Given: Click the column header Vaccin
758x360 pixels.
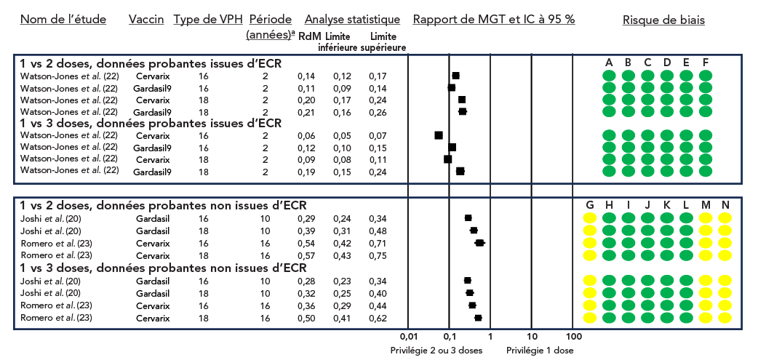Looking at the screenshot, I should [x=145, y=20].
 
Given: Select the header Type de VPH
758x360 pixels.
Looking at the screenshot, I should [x=207, y=20].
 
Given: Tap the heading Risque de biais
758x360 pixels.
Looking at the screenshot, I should [x=663, y=20].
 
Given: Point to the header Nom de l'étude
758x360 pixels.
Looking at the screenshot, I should [x=63, y=20].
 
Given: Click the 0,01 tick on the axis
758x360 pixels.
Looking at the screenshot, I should [x=408, y=337].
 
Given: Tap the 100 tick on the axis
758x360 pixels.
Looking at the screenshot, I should [x=574, y=337].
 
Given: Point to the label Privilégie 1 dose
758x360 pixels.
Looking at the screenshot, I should [x=540, y=350].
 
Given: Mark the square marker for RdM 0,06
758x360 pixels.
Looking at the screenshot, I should [x=439, y=135].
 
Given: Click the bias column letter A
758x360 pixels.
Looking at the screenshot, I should [x=609, y=63].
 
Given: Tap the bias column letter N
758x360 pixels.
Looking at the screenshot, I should [x=725, y=206].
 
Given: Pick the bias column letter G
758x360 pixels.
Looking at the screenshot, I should [x=590, y=206].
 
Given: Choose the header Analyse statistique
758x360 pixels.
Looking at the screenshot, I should [x=352, y=20].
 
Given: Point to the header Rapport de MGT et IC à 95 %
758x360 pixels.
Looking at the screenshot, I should [x=494, y=20].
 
